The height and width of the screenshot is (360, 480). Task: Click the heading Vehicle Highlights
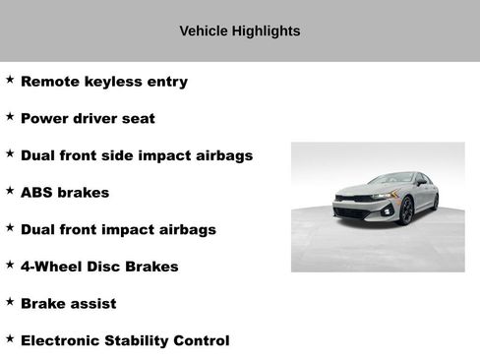(x=240, y=31)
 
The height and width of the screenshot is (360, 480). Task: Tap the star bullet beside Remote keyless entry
(x=10, y=80)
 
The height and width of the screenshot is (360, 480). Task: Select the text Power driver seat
(x=88, y=119)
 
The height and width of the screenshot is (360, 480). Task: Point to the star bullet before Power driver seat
(x=10, y=117)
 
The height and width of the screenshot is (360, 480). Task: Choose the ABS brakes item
(x=64, y=193)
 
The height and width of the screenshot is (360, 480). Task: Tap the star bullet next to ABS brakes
(x=10, y=191)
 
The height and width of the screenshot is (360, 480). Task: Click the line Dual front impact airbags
(x=118, y=230)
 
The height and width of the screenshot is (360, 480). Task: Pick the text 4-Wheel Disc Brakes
(x=99, y=267)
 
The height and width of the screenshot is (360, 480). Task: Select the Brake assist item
(x=68, y=304)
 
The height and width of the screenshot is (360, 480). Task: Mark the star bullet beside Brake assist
(x=10, y=302)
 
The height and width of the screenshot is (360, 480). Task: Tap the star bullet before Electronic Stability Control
(x=10, y=338)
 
